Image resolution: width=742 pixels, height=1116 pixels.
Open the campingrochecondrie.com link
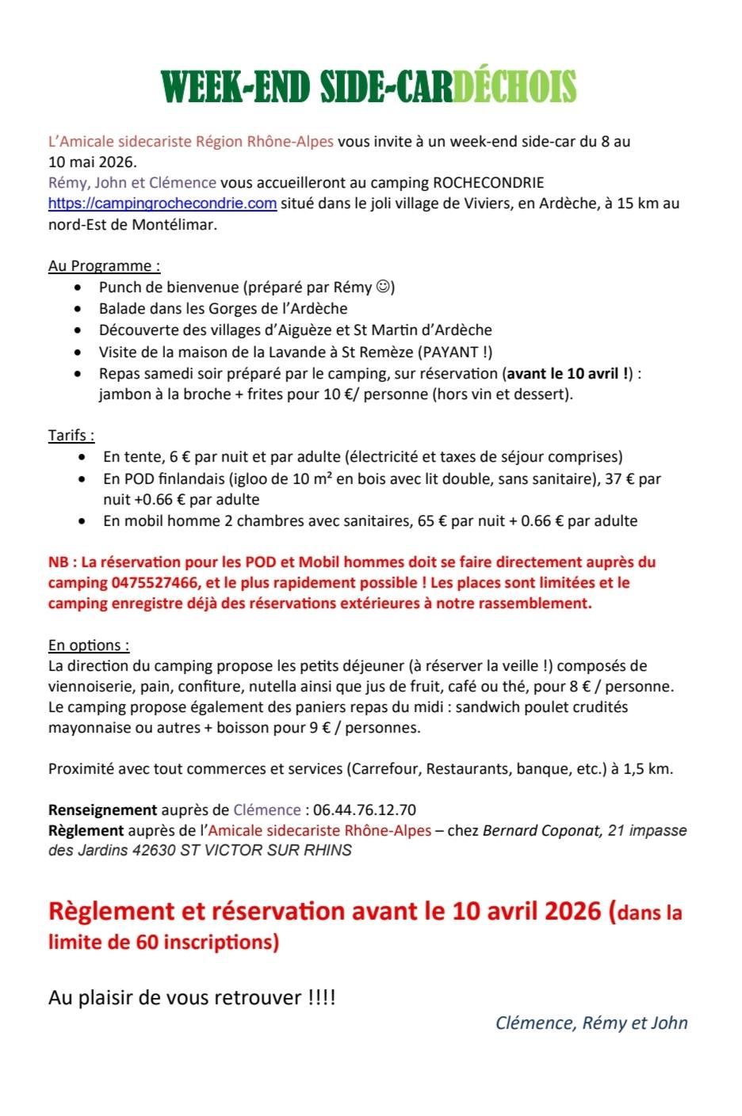tap(163, 204)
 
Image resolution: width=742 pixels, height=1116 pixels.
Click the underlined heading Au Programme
tap(104, 266)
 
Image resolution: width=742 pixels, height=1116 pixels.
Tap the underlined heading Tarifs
tap(71, 435)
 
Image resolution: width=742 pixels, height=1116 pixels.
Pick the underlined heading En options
tap(89, 645)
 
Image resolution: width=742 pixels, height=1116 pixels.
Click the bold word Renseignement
tap(102, 810)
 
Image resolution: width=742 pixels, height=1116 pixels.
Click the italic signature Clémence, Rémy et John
tap(591, 1023)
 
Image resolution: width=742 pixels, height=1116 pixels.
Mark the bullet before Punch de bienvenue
tap(78, 288)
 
